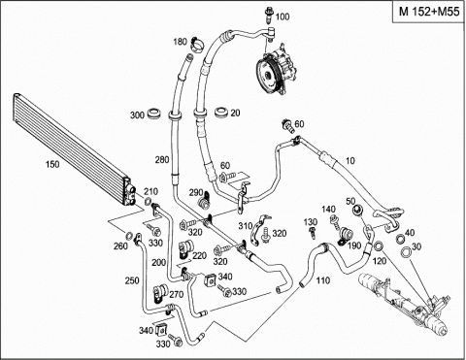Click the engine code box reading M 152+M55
pyautogui.click(x=429, y=12)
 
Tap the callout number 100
pyautogui.click(x=283, y=16)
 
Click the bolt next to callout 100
pyautogui.click(x=268, y=15)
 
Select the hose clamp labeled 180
pyautogui.click(x=197, y=44)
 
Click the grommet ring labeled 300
pyautogui.click(x=153, y=115)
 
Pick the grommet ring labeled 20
pyautogui.click(x=221, y=112)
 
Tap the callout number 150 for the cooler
pyautogui.click(x=52, y=164)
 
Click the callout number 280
pyautogui.click(x=162, y=159)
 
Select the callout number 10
pyautogui.click(x=350, y=160)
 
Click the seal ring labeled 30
pyautogui.click(x=406, y=251)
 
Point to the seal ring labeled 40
pyautogui.click(x=401, y=239)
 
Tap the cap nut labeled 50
pyautogui.click(x=358, y=211)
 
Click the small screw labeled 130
pyautogui.click(x=313, y=233)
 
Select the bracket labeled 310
pyautogui.click(x=260, y=228)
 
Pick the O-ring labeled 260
pyautogui.click(x=129, y=235)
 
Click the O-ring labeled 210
pyautogui.click(x=148, y=201)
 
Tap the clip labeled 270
pyautogui.click(x=159, y=293)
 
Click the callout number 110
pyautogui.click(x=322, y=280)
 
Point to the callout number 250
pyautogui.click(x=132, y=280)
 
